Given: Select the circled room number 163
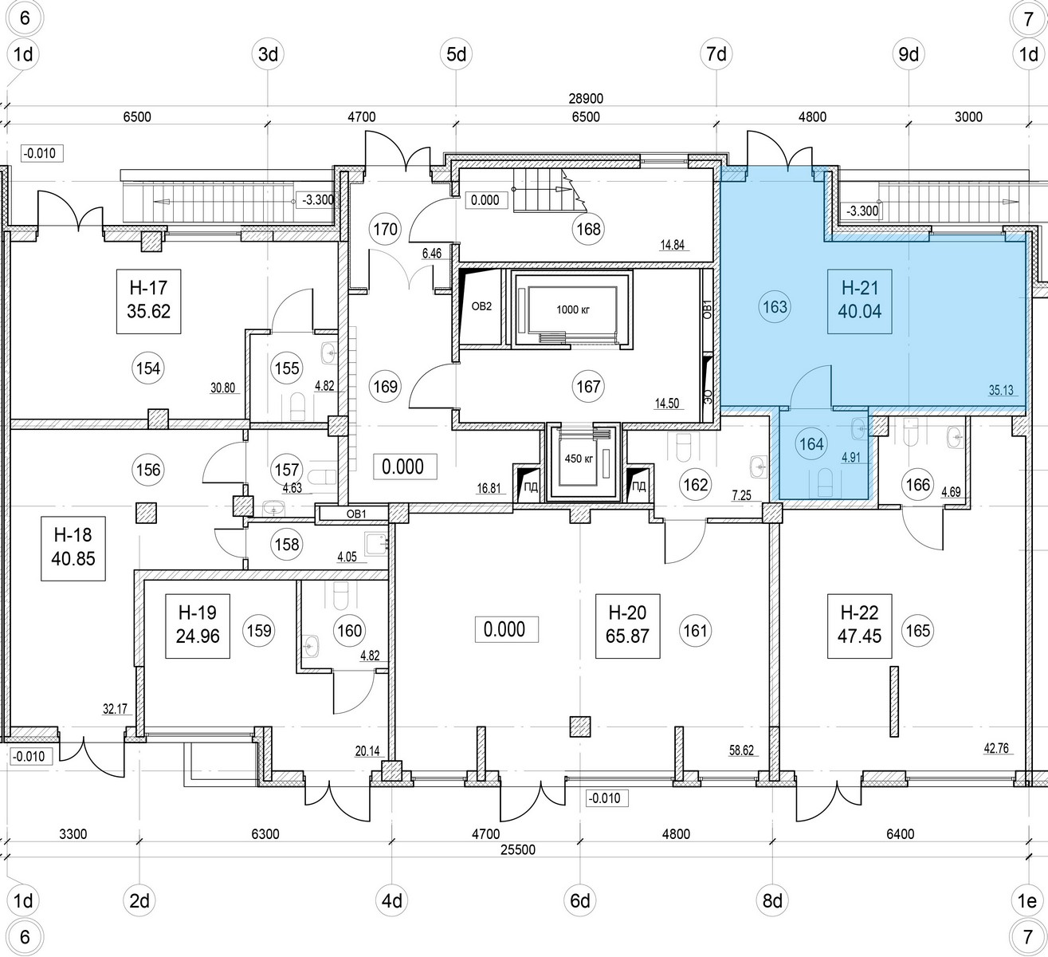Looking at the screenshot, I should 775,307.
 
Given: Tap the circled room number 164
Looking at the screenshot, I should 811,444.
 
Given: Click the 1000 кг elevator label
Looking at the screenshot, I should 570,309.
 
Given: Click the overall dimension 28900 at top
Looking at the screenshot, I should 587,99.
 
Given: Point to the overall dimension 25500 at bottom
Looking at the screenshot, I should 517,850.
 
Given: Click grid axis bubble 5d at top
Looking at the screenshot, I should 457,55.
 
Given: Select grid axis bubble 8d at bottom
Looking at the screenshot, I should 771,902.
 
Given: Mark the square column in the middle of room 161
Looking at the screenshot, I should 580,727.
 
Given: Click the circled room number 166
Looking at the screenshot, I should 917,483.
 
